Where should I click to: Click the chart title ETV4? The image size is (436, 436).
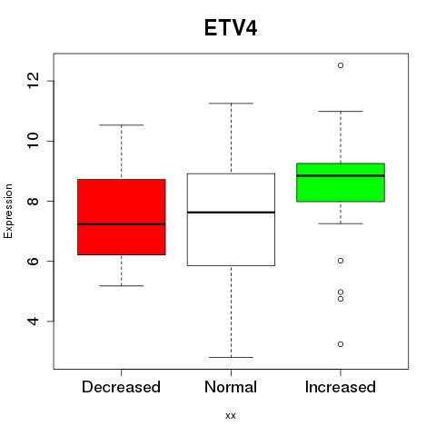tap(231, 28)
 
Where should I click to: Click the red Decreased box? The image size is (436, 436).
tap(122, 217)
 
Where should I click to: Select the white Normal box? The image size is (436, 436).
tap(231, 220)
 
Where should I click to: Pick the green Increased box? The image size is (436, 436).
tap(341, 183)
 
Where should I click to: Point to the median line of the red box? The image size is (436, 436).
tap(122, 224)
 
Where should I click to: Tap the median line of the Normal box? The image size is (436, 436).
tap(231, 213)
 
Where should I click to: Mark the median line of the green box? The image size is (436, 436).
tap(341, 175)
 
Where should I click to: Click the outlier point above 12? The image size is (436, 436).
tap(341, 65)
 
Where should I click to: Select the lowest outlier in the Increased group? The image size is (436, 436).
tap(341, 344)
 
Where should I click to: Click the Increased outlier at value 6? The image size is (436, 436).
tap(341, 261)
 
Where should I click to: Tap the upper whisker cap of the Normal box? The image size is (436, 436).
tap(231, 104)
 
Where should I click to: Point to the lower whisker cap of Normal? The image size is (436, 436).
tap(231, 357)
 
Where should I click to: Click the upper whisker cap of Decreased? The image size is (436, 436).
tap(122, 124)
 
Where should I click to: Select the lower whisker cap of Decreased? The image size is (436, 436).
tap(122, 285)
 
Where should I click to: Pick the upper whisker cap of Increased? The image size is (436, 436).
tap(341, 112)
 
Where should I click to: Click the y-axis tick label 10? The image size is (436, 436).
tap(33, 141)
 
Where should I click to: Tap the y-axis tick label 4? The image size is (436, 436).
tap(33, 322)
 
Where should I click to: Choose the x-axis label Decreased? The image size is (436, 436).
tap(121, 387)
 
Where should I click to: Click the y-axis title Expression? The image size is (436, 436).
tap(8, 211)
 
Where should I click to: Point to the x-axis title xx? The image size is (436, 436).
tap(231, 415)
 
